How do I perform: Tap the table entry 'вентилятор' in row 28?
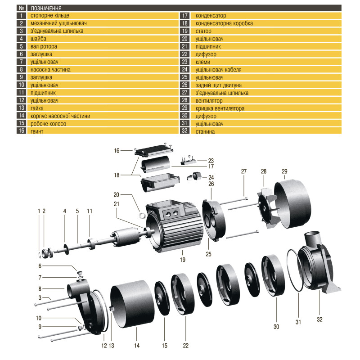click(x=209, y=100)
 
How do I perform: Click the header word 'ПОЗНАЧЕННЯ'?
click(x=45, y=8)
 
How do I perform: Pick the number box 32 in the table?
click(x=184, y=131)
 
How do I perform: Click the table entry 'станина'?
click(x=205, y=131)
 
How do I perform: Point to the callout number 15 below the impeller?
click(x=164, y=346)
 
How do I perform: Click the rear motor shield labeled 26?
click(x=215, y=220)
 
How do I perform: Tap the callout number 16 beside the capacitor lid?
click(x=117, y=151)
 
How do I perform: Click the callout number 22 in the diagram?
click(x=185, y=346)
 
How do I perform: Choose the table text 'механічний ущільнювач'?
click(x=58, y=23)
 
